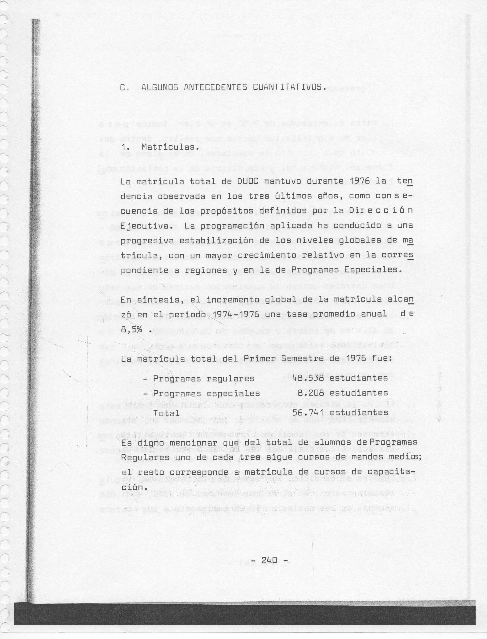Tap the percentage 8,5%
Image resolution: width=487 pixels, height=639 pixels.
tap(131, 330)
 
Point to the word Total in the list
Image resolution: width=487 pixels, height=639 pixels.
tap(166, 413)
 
